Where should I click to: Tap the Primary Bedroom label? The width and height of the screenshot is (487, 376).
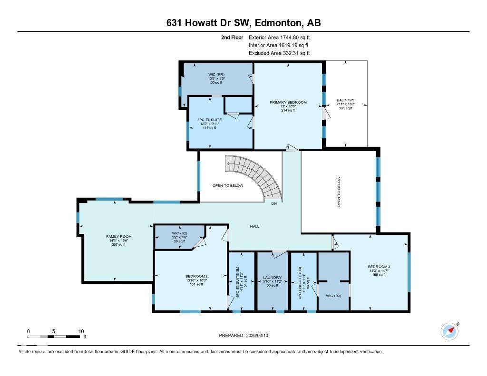point(288,102)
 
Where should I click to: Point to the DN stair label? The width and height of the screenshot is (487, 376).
point(273,204)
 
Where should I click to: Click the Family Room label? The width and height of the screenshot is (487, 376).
point(119,236)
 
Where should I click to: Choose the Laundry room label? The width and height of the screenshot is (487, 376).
point(273,277)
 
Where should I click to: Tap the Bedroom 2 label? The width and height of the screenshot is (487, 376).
point(196,276)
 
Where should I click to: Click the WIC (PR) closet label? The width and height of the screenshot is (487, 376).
point(216,75)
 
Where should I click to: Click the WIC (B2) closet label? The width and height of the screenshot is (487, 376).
point(179,233)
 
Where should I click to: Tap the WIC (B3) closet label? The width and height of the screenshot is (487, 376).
point(333,296)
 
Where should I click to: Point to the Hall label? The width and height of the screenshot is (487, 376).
point(255,226)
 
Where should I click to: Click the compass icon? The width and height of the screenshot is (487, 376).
point(449,331)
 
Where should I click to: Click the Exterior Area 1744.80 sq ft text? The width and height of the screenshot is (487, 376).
point(280,37)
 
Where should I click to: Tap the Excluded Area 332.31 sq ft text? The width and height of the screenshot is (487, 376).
point(280,53)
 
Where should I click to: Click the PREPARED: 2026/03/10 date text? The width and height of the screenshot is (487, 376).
point(246,336)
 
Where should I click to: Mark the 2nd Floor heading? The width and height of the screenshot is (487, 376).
point(232,37)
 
